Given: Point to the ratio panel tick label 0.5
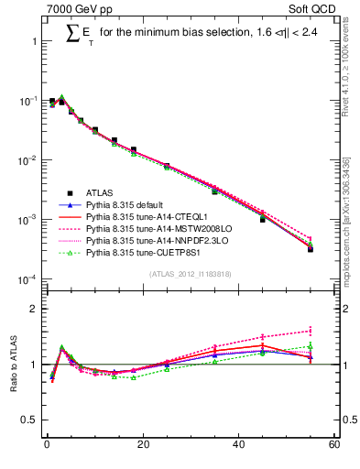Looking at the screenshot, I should coord(29,421).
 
